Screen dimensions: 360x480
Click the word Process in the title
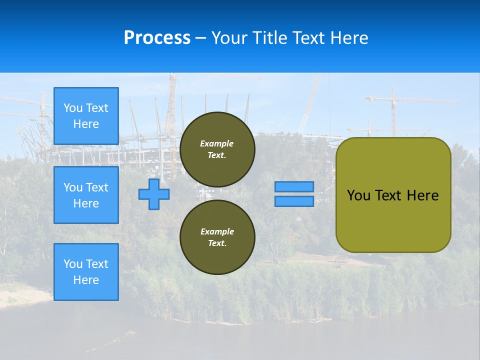point(157,38)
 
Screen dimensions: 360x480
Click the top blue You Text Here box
point(86,116)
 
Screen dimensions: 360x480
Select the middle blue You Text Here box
point(86,195)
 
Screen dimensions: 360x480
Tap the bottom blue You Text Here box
point(86,271)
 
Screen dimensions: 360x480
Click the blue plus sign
point(154,194)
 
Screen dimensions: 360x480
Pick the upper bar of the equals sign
point(294,187)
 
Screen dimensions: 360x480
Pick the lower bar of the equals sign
point(294,201)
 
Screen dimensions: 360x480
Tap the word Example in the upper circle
point(216,143)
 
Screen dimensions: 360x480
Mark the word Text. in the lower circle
point(217,243)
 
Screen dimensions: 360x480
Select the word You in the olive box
point(358,195)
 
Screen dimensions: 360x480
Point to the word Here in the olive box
point(422,195)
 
